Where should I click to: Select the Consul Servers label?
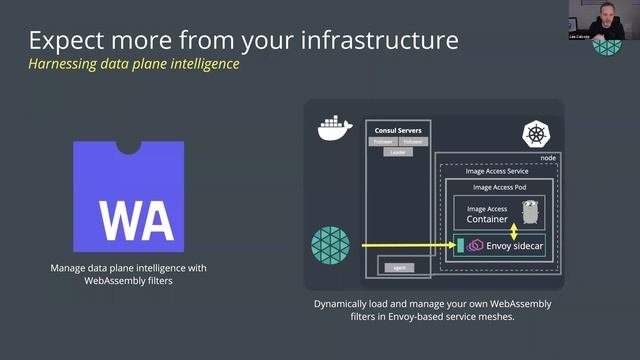(397, 130)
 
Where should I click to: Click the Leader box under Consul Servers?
(397, 152)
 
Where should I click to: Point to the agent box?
(397, 267)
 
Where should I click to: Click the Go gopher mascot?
(530, 213)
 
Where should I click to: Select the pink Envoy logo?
(475, 245)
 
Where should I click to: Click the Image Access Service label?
(497, 171)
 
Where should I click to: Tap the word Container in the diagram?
(487, 219)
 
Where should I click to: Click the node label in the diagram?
(547, 157)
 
